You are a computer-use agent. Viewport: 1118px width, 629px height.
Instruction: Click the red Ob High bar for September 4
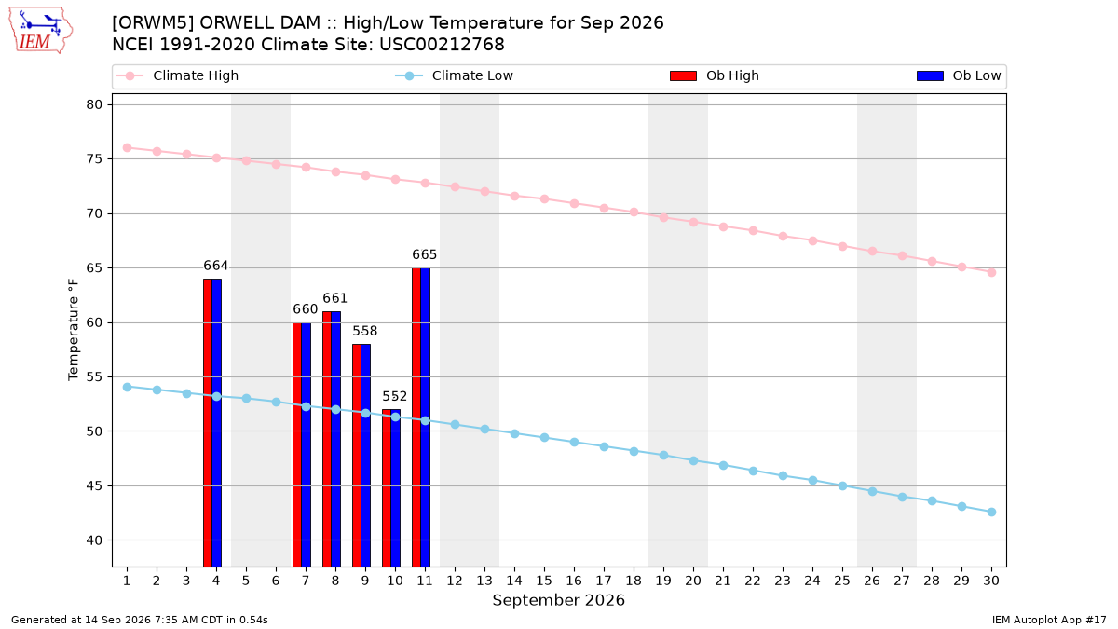coord(208,422)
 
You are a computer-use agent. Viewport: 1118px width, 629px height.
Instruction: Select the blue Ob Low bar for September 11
coord(425,417)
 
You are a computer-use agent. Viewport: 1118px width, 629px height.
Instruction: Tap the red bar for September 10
coord(387,487)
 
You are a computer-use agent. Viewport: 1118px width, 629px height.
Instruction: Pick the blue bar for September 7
coord(306,444)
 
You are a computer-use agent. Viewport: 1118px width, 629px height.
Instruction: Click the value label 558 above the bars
coord(365,331)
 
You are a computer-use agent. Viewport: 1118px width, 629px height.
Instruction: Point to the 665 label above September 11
coord(424,254)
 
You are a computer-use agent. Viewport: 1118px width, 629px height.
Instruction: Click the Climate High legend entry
coord(178,75)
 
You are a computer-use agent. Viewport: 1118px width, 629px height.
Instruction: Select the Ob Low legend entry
coord(959,75)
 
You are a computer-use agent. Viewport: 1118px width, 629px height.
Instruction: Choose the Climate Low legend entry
coord(455,75)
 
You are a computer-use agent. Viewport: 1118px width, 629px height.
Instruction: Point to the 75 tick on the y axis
coord(94,159)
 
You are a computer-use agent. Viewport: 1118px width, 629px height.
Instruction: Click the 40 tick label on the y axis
coord(94,540)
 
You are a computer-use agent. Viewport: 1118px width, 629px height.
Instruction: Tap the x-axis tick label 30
coord(991,581)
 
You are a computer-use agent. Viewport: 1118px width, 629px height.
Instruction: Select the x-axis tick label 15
coord(544,581)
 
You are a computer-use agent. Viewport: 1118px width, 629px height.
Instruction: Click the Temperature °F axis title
coord(74,330)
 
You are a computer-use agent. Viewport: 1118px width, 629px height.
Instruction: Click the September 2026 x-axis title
coord(558,600)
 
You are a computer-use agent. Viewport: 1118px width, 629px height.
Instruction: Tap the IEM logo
coord(40,31)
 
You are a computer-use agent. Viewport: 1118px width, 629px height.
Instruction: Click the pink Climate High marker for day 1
coord(128,148)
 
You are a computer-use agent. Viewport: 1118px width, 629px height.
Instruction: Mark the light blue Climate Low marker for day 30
coord(991,513)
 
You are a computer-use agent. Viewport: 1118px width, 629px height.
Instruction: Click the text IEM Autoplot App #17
coord(1049,620)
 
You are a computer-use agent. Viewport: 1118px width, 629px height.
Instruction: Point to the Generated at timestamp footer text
coord(139,620)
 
